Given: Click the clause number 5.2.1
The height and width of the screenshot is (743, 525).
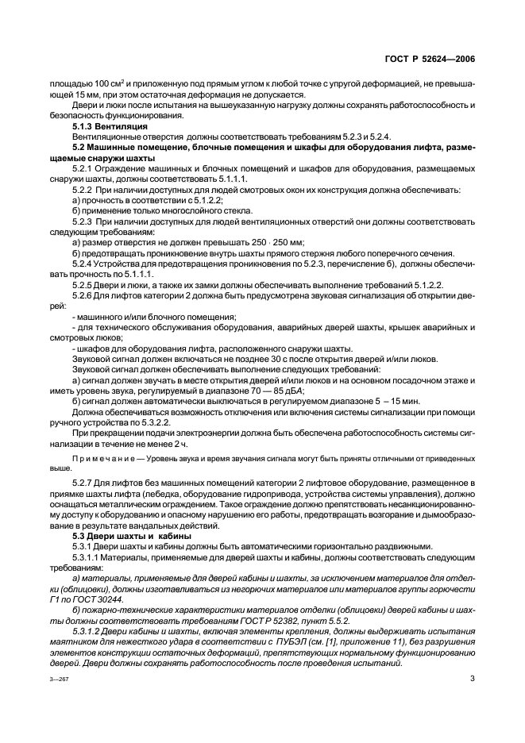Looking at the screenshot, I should [83, 169].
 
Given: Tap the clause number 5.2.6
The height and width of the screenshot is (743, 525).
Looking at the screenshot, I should [83, 295].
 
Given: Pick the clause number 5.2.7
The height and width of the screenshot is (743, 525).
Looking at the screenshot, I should [83, 483].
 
